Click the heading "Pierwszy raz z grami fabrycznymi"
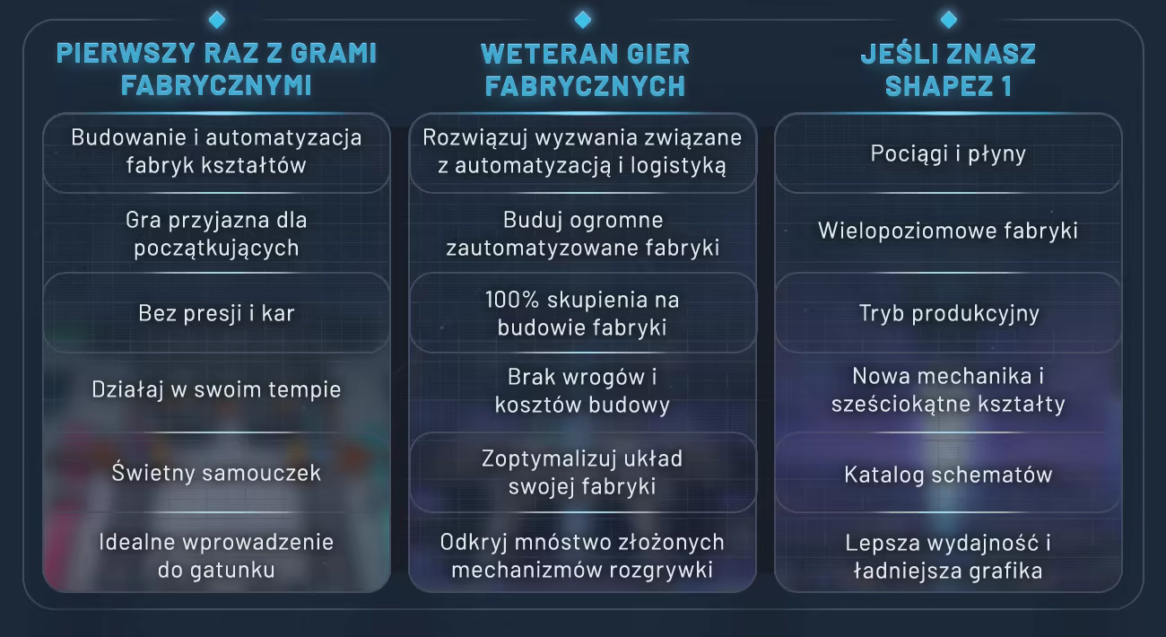tap(216, 69)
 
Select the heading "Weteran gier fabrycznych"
tap(585, 70)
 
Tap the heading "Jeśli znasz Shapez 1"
tap(948, 70)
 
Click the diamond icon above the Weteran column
tap(583, 20)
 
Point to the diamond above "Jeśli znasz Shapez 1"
tap(949, 20)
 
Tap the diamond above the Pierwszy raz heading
tap(217, 20)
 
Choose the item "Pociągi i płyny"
tap(948, 153)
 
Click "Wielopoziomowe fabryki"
tap(948, 231)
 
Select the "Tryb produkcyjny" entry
tap(949, 313)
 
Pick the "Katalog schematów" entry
tap(948, 475)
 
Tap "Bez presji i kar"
tap(216, 313)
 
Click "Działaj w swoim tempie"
tap(216, 389)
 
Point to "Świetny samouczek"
tap(216, 473)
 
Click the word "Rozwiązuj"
tap(475, 138)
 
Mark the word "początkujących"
tap(216, 249)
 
